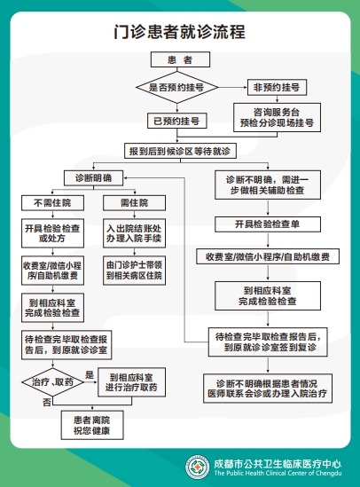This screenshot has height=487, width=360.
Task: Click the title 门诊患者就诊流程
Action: pos(180,33)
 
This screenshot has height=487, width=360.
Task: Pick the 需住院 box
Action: pos(133,203)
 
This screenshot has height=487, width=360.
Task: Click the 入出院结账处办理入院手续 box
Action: pos(133,232)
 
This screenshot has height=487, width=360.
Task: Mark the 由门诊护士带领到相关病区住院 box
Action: pos(133,270)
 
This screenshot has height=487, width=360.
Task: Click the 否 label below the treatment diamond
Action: pos(46,403)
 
